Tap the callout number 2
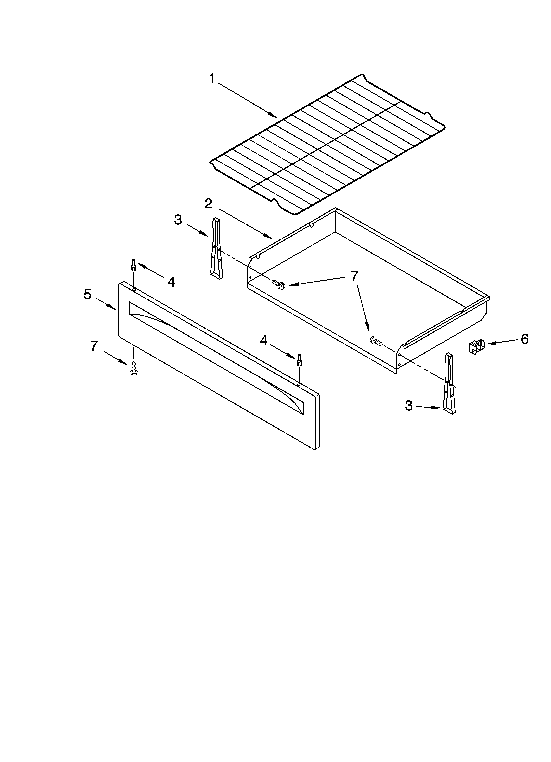(208, 203)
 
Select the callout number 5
(87, 295)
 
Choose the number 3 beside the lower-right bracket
(408, 405)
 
